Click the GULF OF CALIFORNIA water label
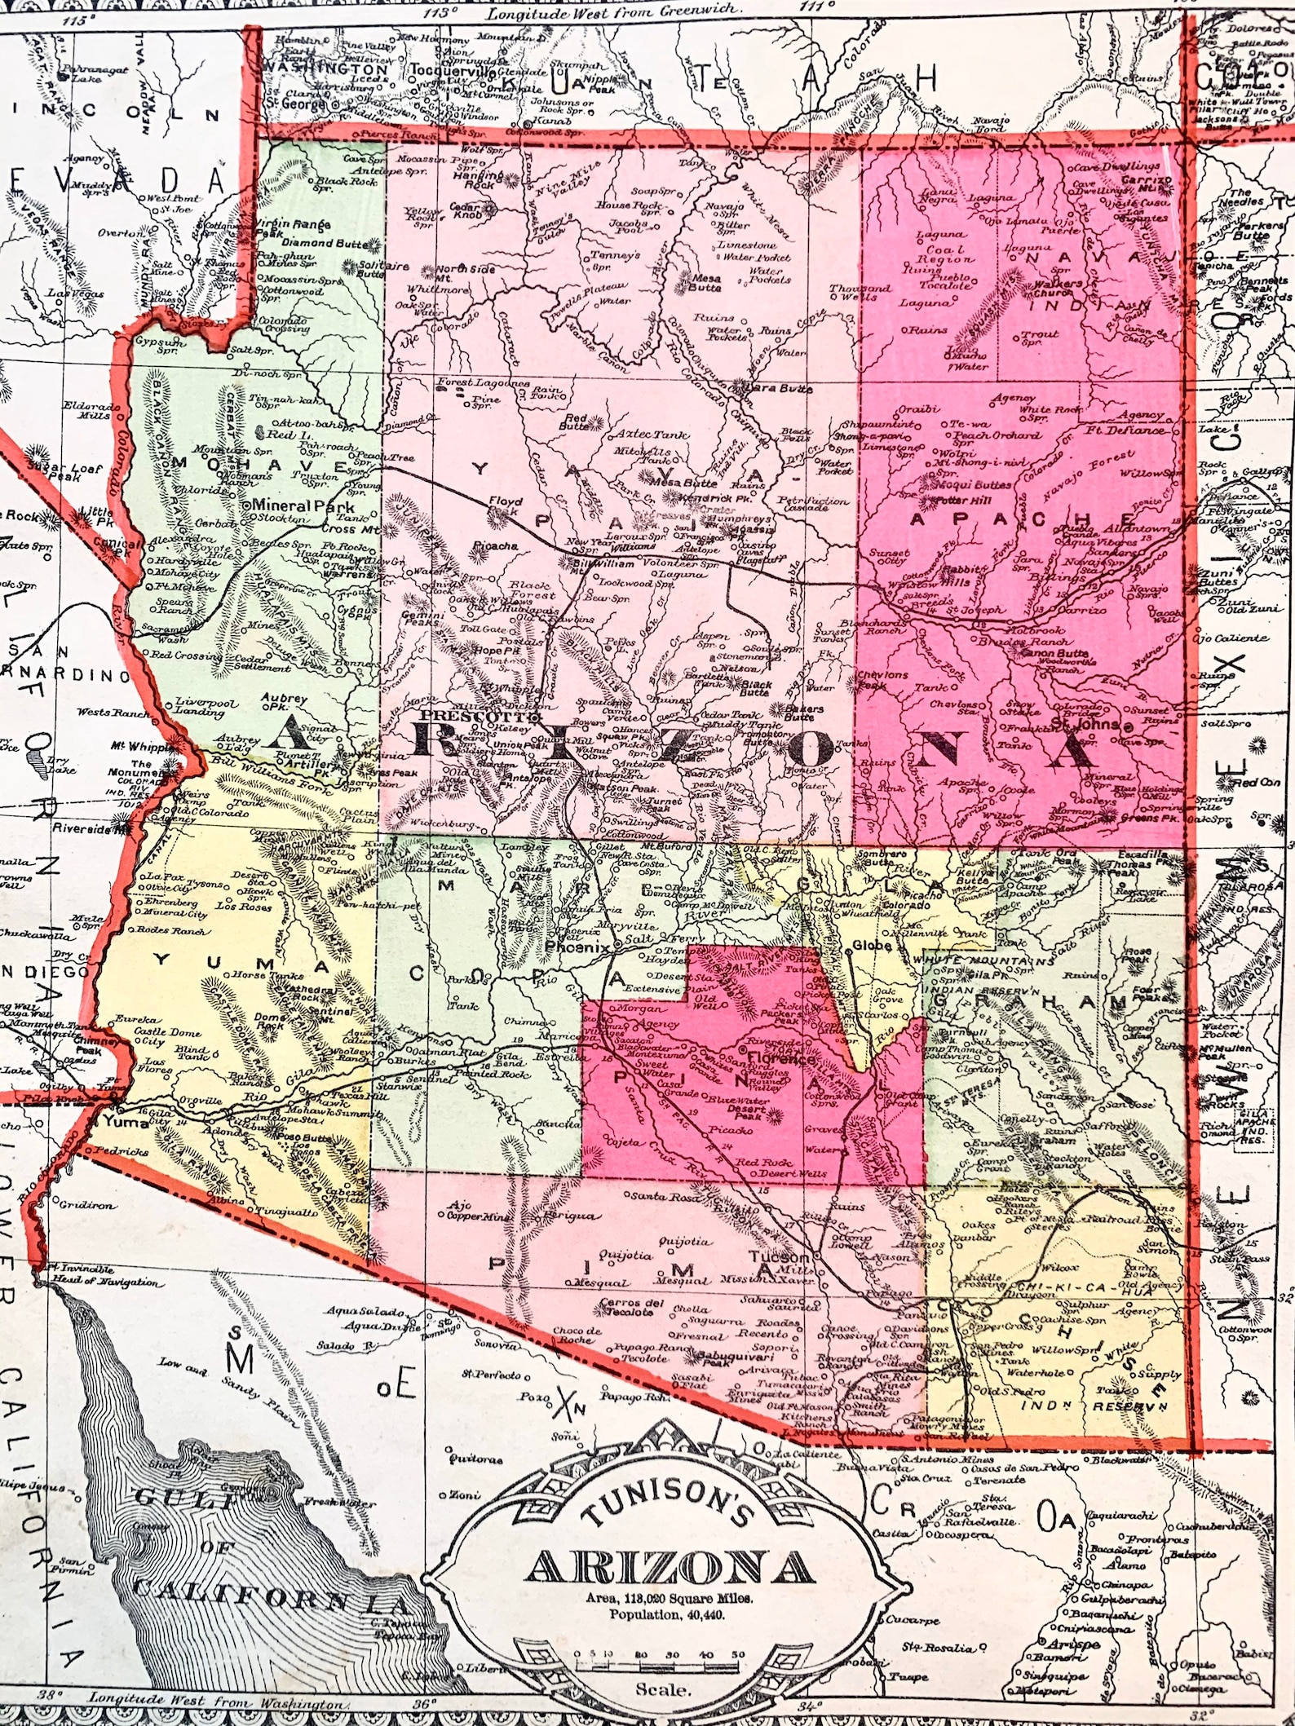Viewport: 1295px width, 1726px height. (245, 1541)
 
